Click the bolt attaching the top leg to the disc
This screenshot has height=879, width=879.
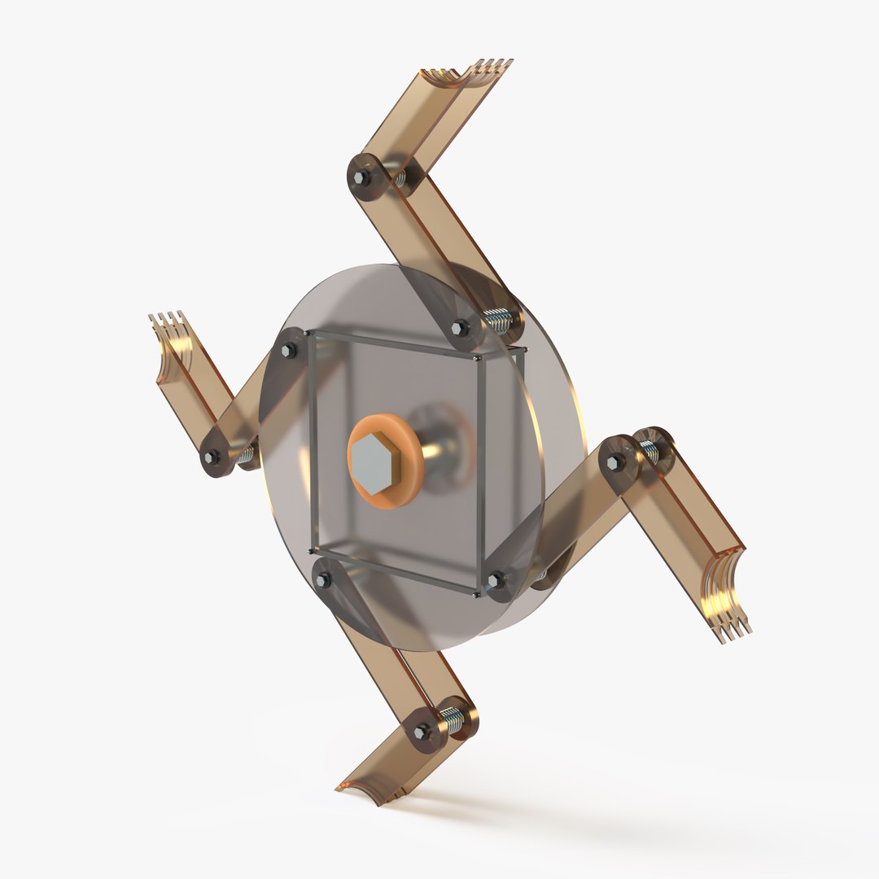[x=458, y=328]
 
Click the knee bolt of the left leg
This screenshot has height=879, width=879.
[x=213, y=457]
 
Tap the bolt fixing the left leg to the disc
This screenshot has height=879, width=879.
[x=288, y=352]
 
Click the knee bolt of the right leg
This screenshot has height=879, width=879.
[x=616, y=461]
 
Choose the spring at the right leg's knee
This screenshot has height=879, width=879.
[x=649, y=448]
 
